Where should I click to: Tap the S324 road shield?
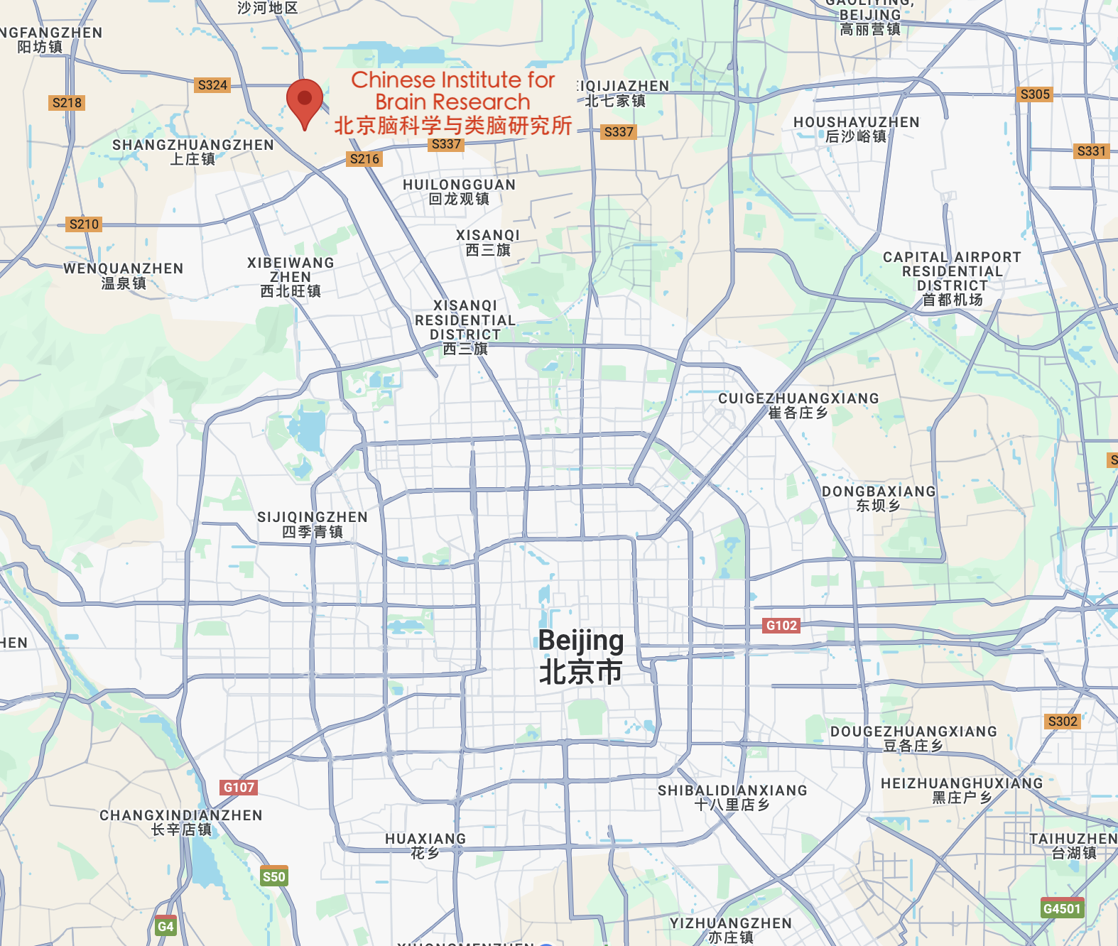pyautogui.click(x=212, y=85)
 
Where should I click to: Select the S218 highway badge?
pyautogui.click(x=67, y=103)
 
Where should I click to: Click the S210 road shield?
pyautogui.click(x=84, y=224)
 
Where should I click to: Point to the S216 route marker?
pyautogui.click(x=364, y=159)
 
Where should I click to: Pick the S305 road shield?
pyautogui.click(x=1035, y=94)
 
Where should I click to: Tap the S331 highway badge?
pyautogui.click(x=1091, y=151)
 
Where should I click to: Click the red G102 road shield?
pyautogui.click(x=781, y=626)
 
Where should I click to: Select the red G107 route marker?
pyautogui.click(x=239, y=787)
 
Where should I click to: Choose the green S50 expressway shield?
pyautogui.click(x=273, y=876)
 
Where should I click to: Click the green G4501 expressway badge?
pyautogui.click(x=1062, y=908)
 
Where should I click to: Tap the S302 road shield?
pyautogui.click(x=1063, y=722)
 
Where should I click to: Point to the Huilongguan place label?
pyautogui.click(x=459, y=192)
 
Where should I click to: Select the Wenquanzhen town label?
pyautogui.click(x=124, y=276)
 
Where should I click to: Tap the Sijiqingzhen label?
pyautogui.click(x=313, y=524)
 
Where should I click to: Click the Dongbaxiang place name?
pyautogui.click(x=879, y=498)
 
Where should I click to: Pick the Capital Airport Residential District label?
pyautogui.click(x=952, y=278)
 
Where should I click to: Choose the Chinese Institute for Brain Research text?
pyautogui.click(x=453, y=102)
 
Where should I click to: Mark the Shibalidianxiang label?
pyautogui.click(x=732, y=797)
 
